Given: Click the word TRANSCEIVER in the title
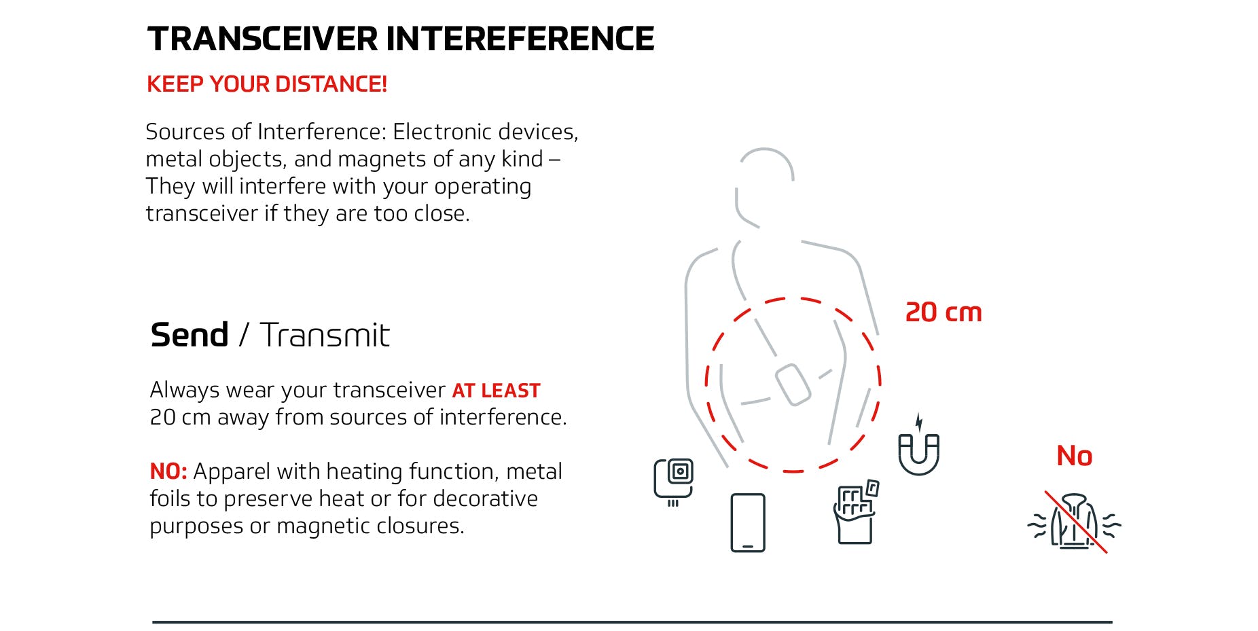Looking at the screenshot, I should pyautogui.click(x=262, y=39).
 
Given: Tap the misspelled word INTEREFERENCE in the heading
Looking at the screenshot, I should pyautogui.click(x=520, y=39).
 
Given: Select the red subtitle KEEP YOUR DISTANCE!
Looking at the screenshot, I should pyautogui.click(x=266, y=84).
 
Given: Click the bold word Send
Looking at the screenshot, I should pyautogui.click(x=189, y=335).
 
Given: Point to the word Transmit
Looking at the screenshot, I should pyautogui.click(x=325, y=335).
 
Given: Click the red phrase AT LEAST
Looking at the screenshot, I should pyautogui.click(x=496, y=391).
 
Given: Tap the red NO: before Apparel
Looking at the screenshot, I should pyautogui.click(x=168, y=471).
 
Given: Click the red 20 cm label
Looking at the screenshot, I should pyautogui.click(x=943, y=312).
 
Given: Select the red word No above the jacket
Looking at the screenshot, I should pyautogui.click(x=1074, y=456).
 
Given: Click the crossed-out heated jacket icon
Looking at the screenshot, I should pyautogui.click(x=1074, y=522).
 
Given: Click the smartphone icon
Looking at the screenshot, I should pyautogui.click(x=747, y=522).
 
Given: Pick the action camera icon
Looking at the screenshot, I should pyautogui.click(x=673, y=480).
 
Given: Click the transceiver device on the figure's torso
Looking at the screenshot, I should pyautogui.click(x=793, y=384).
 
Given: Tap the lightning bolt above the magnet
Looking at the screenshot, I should pyautogui.click(x=919, y=422).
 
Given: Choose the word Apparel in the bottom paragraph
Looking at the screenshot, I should pyautogui.click(x=230, y=471).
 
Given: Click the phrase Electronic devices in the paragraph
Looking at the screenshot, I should pyautogui.click(x=485, y=132).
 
